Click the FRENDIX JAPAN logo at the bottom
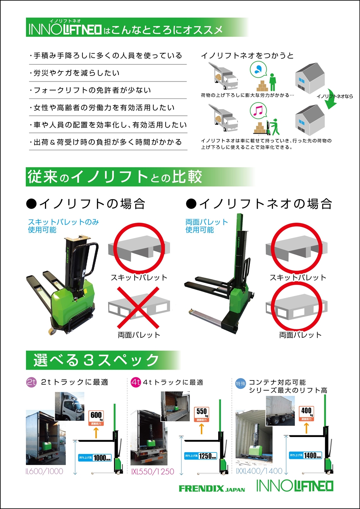(212, 488)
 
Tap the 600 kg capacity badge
(96, 418)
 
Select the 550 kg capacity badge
(202, 414)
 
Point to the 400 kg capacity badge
(306, 413)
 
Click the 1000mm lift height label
(95, 458)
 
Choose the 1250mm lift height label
(201, 456)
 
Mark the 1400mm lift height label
(305, 455)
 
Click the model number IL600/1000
(45, 471)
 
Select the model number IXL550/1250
(153, 472)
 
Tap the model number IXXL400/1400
(259, 471)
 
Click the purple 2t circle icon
(32, 382)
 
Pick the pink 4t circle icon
(136, 382)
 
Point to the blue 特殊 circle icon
(240, 384)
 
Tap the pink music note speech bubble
(258, 110)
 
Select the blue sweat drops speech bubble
(258, 69)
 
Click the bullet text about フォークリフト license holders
(92, 90)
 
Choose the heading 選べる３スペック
(96, 360)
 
